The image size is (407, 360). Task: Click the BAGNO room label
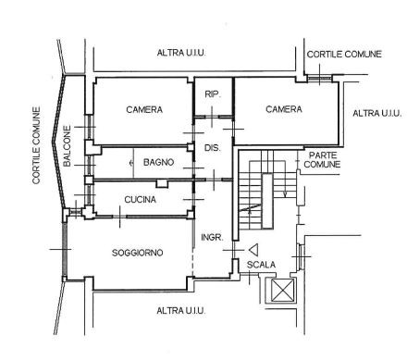tap(158, 162)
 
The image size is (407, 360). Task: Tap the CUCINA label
tap(140, 200)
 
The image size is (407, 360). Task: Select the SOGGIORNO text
tap(137, 253)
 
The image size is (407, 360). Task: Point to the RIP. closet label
tap(213, 94)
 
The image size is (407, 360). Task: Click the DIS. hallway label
tap(213, 148)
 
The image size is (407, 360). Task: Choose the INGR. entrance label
tap(212, 237)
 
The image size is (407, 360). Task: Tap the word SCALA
tap(261, 265)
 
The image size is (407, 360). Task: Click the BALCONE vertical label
tap(67, 146)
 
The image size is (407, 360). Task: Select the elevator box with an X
tap(281, 291)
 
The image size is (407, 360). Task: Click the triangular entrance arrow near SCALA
tap(253, 250)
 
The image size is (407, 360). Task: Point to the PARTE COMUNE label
tap(322, 160)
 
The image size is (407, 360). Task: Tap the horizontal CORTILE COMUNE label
tap(344, 55)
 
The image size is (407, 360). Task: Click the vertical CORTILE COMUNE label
tap(36, 145)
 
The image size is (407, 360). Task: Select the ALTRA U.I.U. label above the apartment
tap(181, 53)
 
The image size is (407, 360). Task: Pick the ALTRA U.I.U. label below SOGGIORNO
tap(180, 310)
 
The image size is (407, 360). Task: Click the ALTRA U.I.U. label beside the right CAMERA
tap(377, 113)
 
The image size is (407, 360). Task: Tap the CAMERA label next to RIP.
tap(284, 109)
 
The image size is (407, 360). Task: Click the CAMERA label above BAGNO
tap(144, 109)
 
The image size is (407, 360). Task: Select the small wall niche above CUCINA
tap(162, 183)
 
